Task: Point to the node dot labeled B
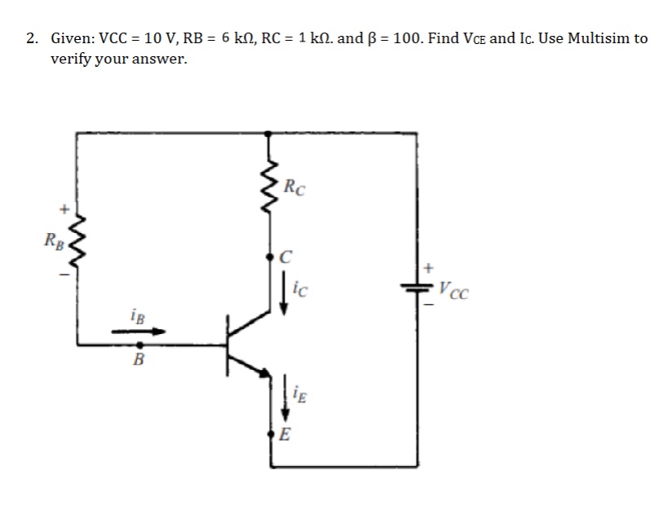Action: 139,345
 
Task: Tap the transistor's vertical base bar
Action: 229,345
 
